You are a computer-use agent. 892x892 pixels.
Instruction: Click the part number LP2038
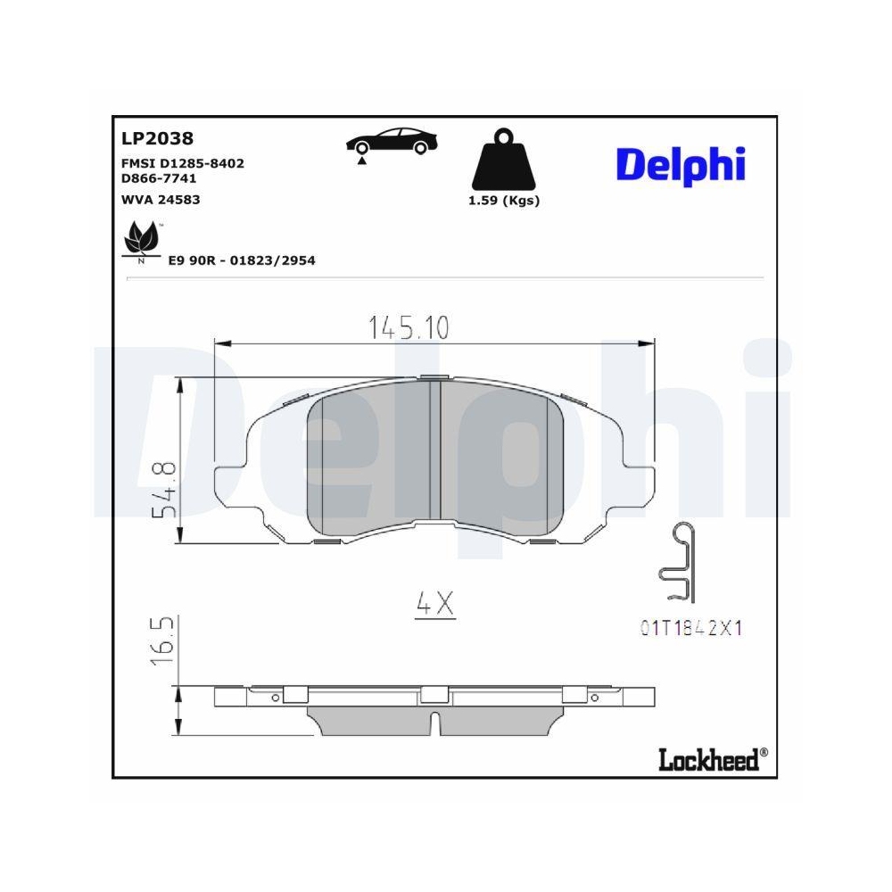pos(157,139)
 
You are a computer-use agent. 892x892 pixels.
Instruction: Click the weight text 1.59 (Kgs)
pos(504,201)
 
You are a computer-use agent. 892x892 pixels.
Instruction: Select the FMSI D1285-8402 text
pos(182,163)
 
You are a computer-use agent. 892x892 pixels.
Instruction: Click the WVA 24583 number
pos(161,199)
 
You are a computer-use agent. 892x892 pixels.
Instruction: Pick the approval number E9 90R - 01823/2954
pos(242,260)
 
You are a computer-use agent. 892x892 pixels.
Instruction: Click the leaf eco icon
pos(139,242)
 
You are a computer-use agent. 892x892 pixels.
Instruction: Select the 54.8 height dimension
pos(163,490)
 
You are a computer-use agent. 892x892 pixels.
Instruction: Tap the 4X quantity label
pos(435,606)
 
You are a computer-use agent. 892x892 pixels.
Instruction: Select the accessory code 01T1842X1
pos(691,628)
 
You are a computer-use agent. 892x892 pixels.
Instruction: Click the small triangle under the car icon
pos(361,161)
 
